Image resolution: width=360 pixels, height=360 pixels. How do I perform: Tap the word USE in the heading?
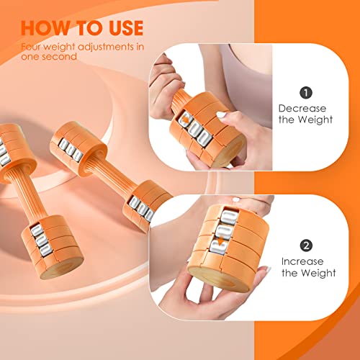(x=120, y=28)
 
